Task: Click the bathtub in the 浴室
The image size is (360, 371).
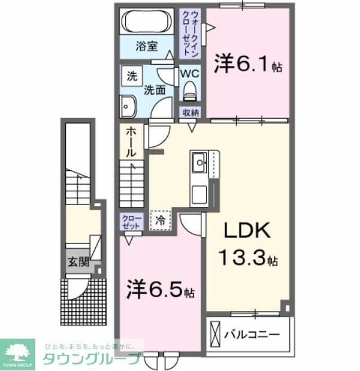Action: pos(149,22)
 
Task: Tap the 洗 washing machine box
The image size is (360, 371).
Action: pos(131,76)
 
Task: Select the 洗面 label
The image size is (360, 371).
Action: pos(154,91)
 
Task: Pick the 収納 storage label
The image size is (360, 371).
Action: pos(190,113)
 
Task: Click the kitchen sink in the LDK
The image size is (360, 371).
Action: pos(199,161)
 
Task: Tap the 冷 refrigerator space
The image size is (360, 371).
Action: pos(161,220)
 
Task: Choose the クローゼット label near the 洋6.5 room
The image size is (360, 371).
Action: pos(131,222)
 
